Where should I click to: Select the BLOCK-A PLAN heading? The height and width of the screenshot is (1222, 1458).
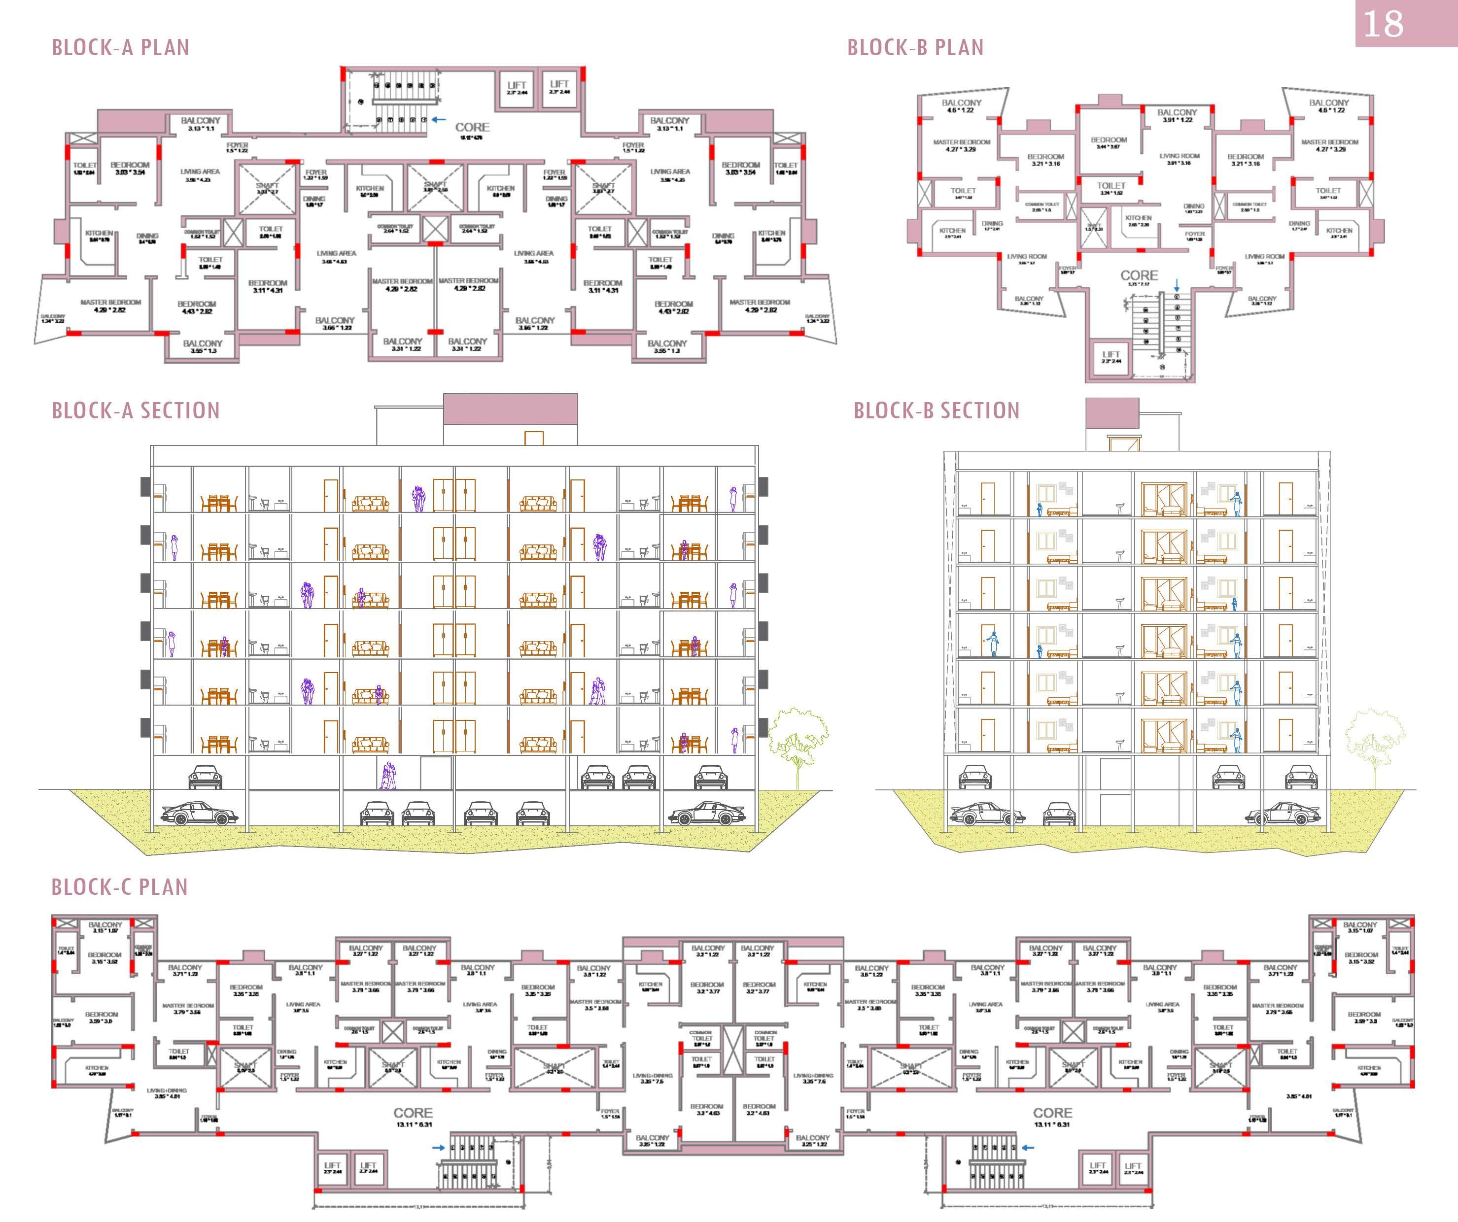tap(120, 47)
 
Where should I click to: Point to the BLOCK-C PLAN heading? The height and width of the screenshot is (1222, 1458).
tap(119, 887)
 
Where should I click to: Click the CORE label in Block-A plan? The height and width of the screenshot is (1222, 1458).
tap(472, 128)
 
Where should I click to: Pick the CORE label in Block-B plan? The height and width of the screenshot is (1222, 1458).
tap(1139, 275)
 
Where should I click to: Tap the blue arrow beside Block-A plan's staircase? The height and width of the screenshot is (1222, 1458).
tap(438, 119)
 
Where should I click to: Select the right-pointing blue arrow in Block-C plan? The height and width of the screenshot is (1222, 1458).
tap(439, 1148)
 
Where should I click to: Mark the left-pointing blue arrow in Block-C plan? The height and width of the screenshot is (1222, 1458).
tap(1028, 1148)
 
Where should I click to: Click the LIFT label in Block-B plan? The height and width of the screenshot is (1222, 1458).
tap(1111, 355)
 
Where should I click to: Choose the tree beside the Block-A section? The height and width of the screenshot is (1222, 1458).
tap(798, 743)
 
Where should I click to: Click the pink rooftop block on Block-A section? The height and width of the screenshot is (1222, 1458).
tap(510, 408)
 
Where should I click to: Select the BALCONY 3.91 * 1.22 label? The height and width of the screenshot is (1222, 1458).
tap(1177, 115)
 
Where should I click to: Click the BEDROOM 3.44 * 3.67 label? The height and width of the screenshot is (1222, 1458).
tap(1108, 143)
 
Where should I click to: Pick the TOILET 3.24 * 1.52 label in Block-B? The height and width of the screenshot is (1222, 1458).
tap(1111, 188)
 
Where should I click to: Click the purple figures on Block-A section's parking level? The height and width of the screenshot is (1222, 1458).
tap(388, 775)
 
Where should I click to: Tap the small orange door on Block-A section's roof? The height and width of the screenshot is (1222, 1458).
tap(533, 438)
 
